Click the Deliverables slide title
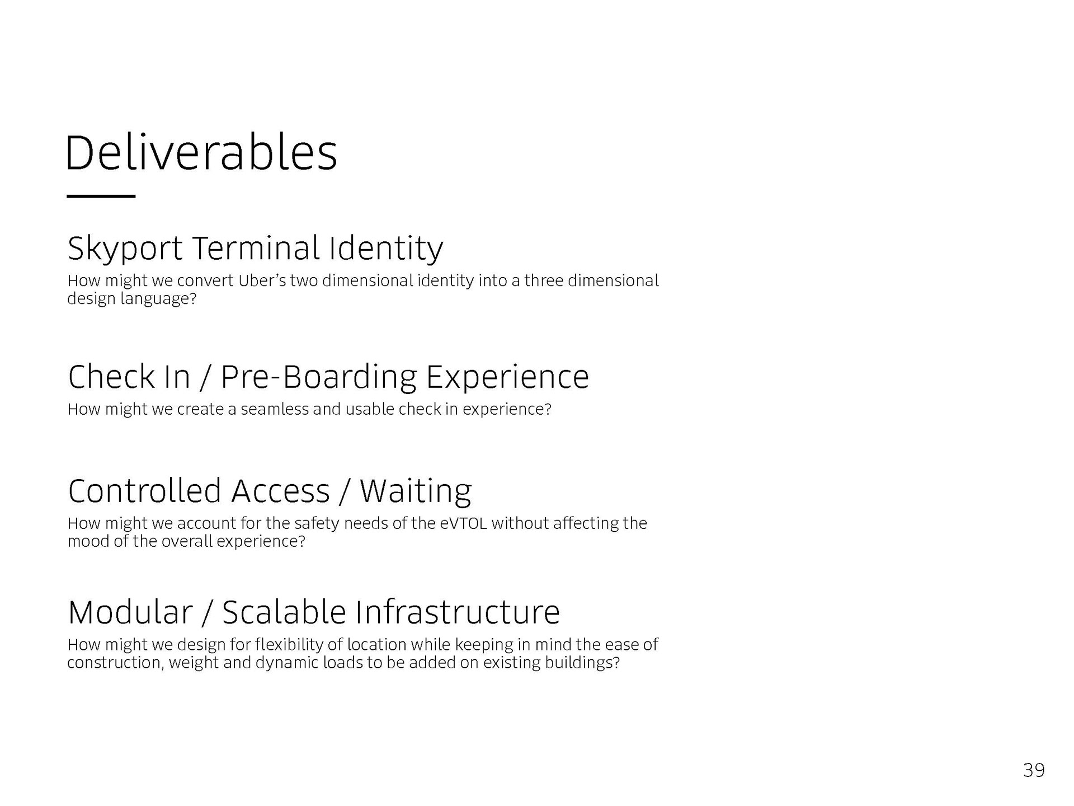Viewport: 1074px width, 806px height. coord(201,153)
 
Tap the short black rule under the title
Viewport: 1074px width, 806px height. coord(101,196)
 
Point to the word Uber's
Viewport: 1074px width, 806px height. coord(262,280)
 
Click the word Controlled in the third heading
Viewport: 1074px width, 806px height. coord(145,491)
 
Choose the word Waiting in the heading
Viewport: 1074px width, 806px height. coord(416,491)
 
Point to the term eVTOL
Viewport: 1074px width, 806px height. coord(464,523)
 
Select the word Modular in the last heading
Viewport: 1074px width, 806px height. coord(130,612)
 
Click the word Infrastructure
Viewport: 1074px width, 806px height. coord(458,612)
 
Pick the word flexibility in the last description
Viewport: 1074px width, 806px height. coord(289,645)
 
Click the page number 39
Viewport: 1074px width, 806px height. coord(1034,771)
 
